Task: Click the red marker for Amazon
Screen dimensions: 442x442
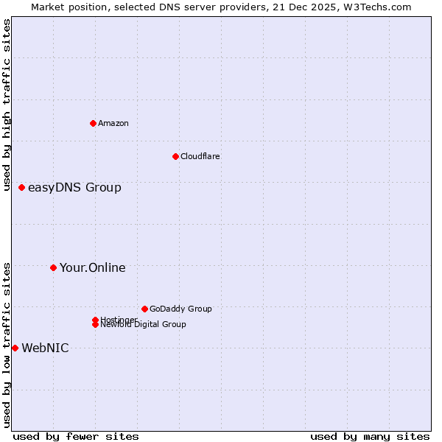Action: point(93,123)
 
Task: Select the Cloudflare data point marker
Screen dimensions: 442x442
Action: point(175,156)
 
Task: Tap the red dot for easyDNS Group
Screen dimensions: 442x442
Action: point(22,187)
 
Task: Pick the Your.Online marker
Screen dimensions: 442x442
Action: point(53,267)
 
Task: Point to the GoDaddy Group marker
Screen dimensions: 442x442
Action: point(144,309)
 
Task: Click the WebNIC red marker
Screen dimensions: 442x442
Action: point(15,348)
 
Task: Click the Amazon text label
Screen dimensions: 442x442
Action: point(113,123)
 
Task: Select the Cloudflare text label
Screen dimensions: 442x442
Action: point(200,156)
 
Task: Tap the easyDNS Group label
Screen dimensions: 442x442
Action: point(74,187)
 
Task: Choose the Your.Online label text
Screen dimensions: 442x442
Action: point(92,267)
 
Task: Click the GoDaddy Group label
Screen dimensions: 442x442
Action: point(180,309)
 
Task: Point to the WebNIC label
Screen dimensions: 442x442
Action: point(45,348)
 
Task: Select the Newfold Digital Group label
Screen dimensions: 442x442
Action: point(144,324)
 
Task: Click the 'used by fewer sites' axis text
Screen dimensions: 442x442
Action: point(76,436)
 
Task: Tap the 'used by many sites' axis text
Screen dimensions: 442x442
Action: point(370,436)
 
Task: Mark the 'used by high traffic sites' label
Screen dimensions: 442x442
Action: point(7,105)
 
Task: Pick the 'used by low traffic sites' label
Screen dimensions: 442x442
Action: point(7,345)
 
